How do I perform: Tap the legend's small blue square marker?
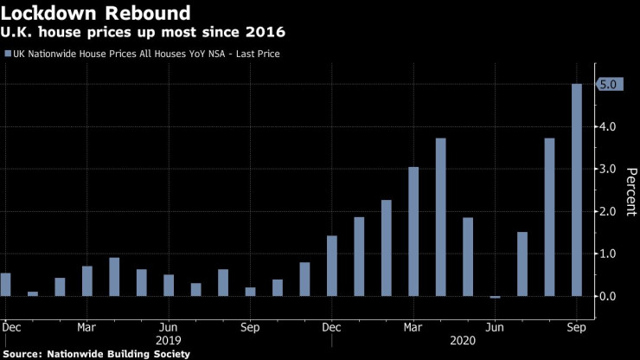tap(9, 54)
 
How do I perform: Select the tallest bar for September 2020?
tap(577, 190)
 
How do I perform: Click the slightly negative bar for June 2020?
tap(495, 297)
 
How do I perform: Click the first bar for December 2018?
tap(6, 285)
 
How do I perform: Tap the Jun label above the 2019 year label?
tap(169, 328)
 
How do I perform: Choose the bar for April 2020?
tap(440, 217)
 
